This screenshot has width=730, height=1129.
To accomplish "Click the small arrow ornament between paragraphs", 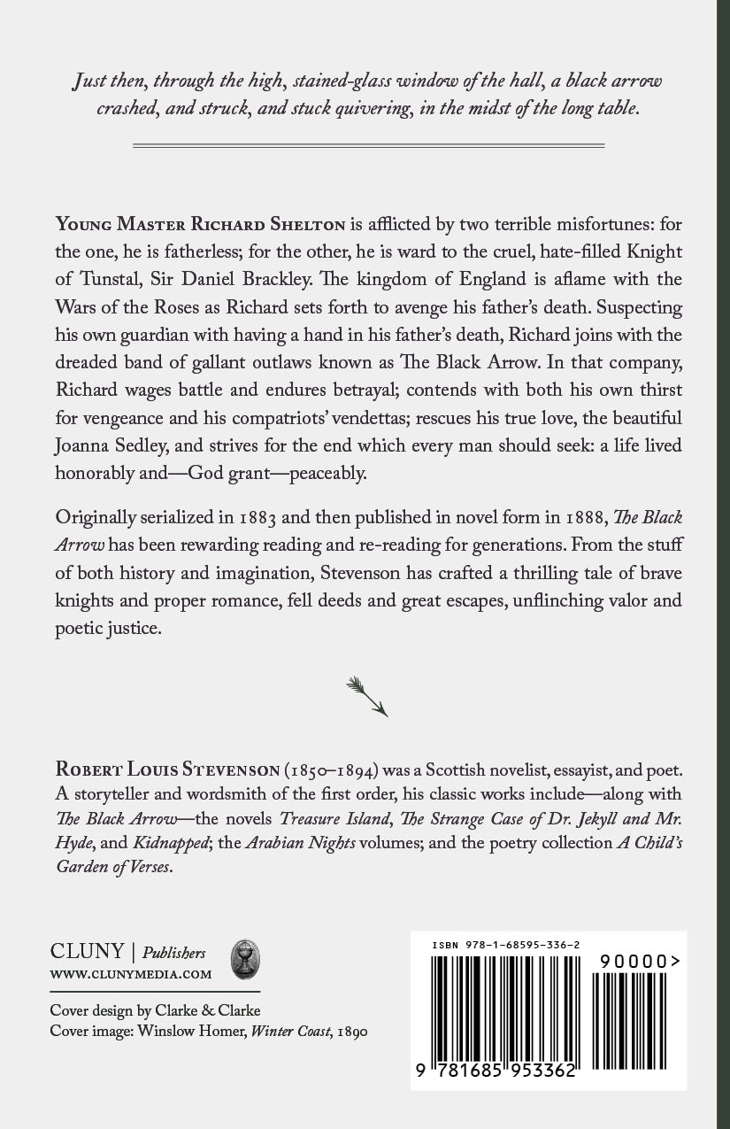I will (x=366, y=696).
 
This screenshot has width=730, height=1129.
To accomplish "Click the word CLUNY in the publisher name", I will (x=87, y=953).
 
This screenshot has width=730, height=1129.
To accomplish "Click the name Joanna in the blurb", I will (x=87, y=445).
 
